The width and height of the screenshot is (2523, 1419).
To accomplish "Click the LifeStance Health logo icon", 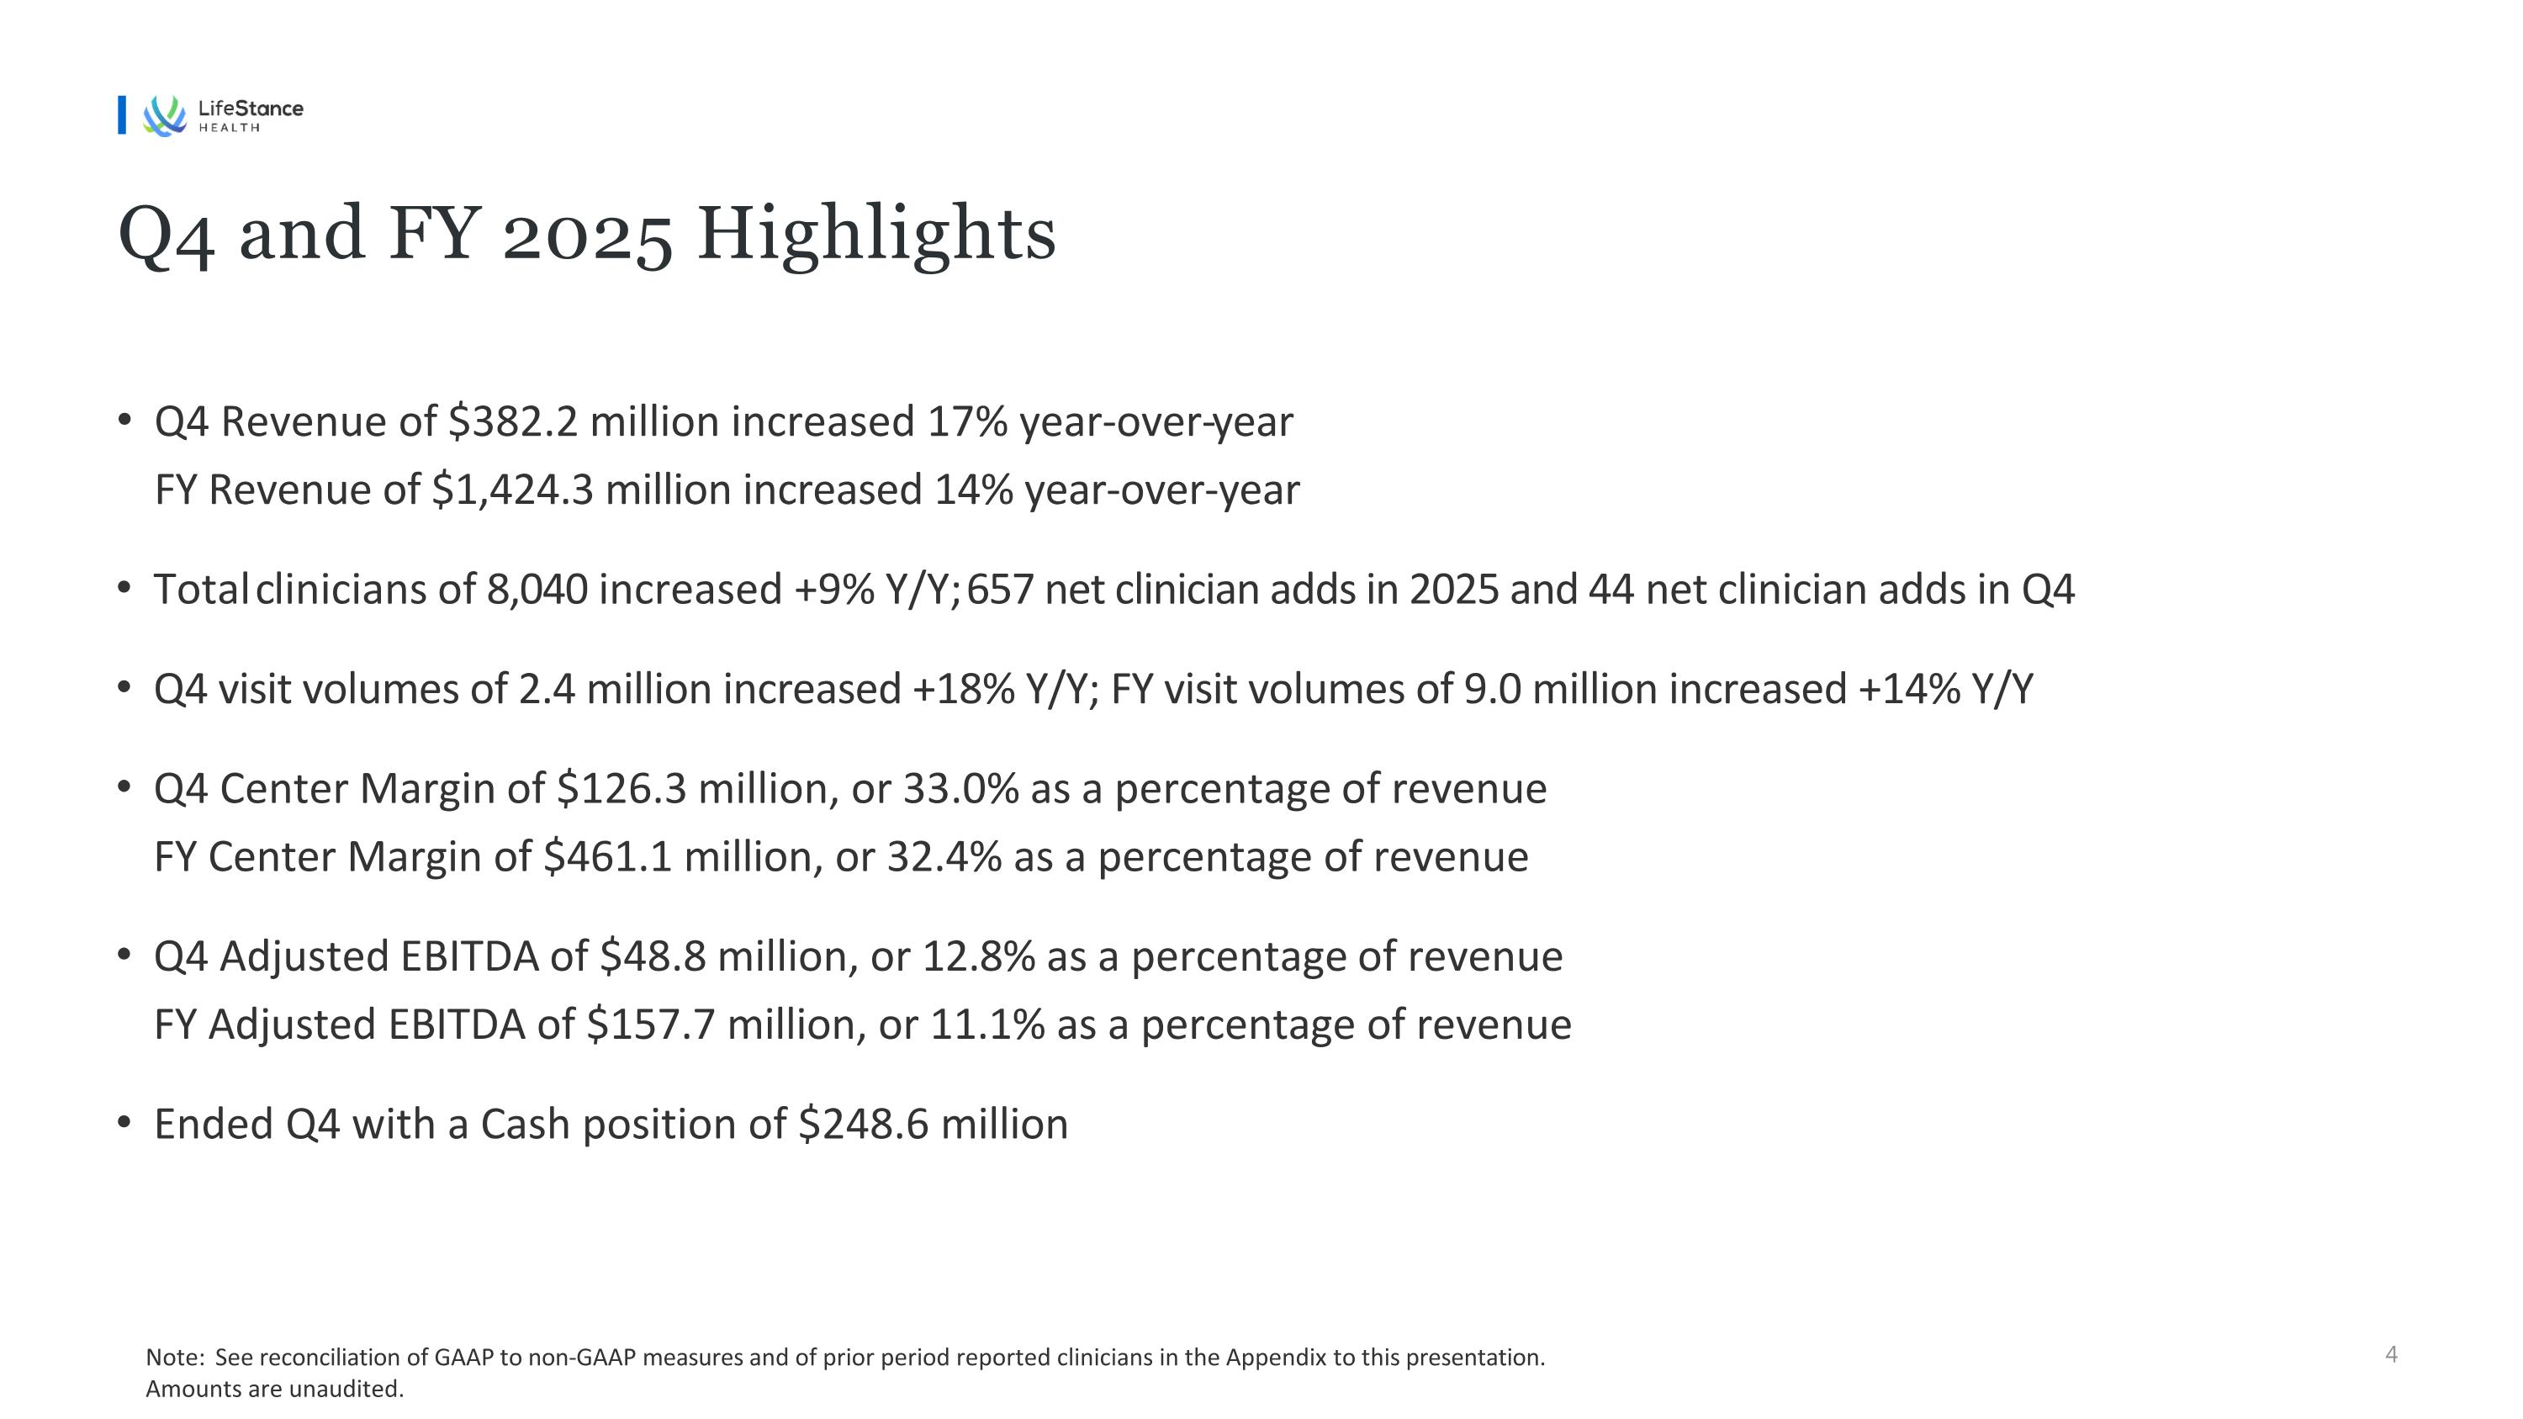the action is [x=165, y=115].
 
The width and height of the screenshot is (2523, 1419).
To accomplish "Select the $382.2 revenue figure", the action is [x=513, y=422].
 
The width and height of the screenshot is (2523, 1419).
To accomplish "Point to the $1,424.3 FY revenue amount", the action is [x=512, y=490].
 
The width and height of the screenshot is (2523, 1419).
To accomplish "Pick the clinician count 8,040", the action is [x=537, y=590].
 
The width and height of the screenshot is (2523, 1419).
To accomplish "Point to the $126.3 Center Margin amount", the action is [x=622, y=789].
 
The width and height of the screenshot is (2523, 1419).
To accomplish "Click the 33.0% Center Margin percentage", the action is [x=960, y=789].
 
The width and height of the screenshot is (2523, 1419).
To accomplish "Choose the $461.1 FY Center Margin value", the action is [x=607, y=858].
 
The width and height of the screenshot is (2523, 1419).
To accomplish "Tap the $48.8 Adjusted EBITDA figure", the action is [x=653, y=956].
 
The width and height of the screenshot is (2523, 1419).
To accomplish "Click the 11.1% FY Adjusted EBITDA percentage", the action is [x=987, y=1025].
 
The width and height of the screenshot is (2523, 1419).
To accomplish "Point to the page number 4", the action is [x=2391, y=1354].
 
